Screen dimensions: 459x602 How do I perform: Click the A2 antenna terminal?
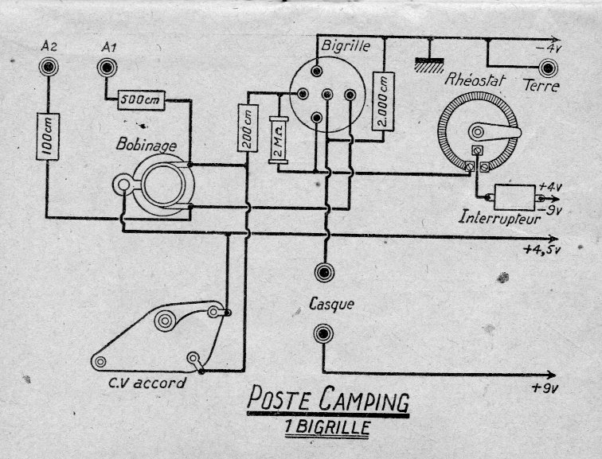point(49,67)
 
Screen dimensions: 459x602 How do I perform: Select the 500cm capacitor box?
point(141,100)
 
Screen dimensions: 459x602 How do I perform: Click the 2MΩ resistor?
point(278,141)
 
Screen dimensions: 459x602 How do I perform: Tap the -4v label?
point(549,49)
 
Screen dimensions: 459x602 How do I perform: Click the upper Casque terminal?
point(322,273)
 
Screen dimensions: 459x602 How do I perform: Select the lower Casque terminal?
point(322,334)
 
